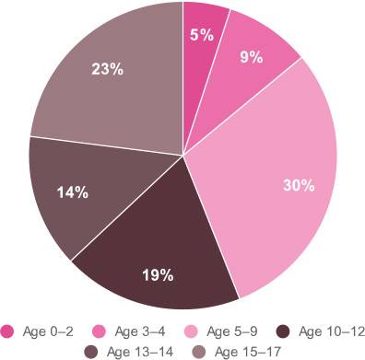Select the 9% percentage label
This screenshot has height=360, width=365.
[x=251, y=56]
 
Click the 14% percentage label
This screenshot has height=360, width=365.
[x=72, y=192]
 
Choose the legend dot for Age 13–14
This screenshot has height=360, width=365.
[x=91, y=350]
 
